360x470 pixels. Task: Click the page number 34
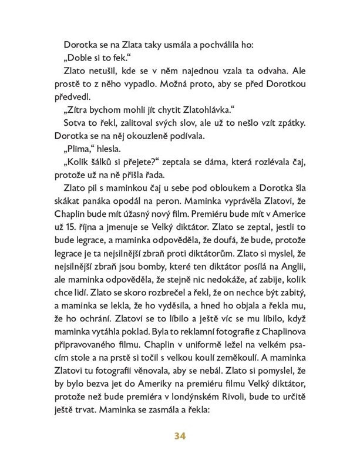[x=180, y=435]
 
